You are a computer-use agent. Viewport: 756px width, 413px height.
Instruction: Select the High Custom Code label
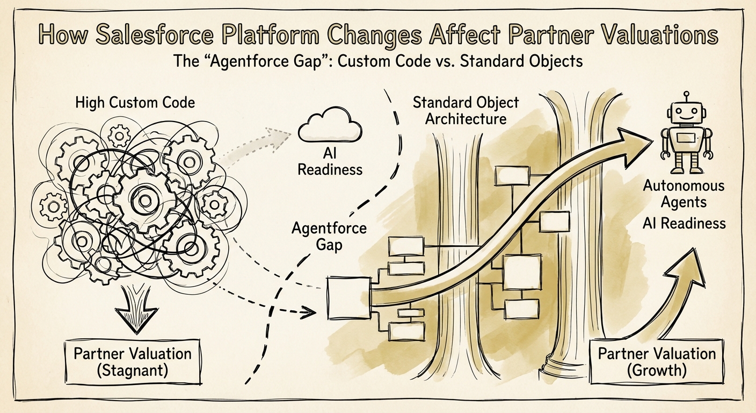pyautogui.click(x=135, y=102)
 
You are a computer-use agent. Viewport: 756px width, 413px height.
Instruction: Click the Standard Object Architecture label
pyautogui.click(x=465, y=111)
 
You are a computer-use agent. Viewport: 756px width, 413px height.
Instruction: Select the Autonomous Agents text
pyautogui.click(x=684, y=194)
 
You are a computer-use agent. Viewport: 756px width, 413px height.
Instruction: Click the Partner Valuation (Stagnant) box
pyautogui.click(x=133, y=361)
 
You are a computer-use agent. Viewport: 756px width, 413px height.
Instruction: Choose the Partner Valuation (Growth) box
pyautogui.click(x=656, y=361)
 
